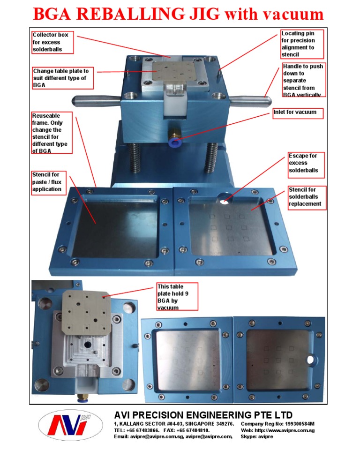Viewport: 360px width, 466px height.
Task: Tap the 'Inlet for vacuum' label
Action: coord(298,113)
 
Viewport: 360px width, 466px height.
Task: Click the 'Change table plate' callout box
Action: coord(62,78)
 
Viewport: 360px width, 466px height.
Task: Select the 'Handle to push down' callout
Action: coord(303,81)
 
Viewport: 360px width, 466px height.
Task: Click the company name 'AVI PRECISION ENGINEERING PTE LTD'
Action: coord(203,415)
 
